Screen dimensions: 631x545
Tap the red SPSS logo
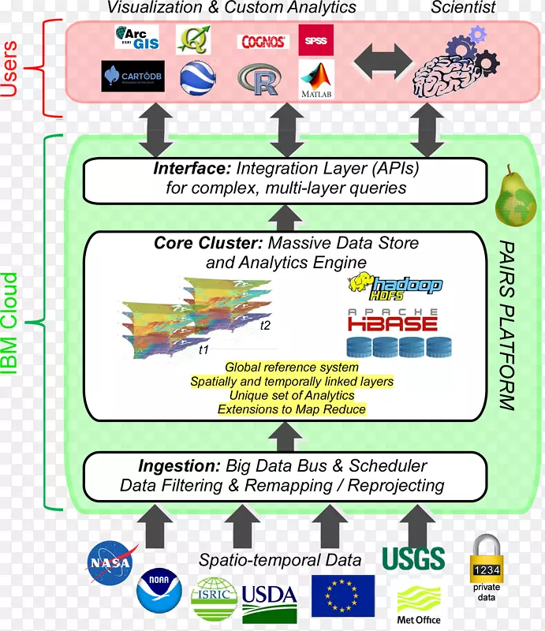(315, 39)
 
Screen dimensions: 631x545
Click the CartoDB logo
(133, 76)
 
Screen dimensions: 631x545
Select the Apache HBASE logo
(393, 319)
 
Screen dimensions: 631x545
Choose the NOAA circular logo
(159, 592)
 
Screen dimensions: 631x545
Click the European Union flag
(342, 596)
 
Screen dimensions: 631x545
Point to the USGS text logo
(413, 558)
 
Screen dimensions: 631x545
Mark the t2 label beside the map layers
(265, 325)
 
